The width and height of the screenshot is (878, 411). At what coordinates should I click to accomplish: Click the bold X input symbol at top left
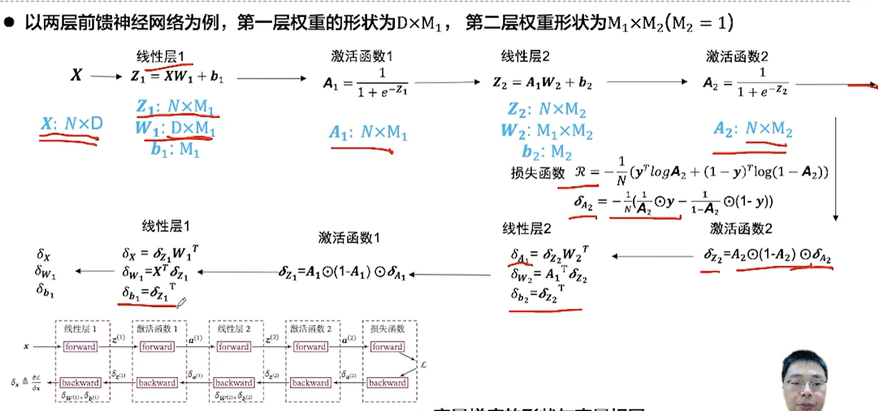pyautogui.click(x=76, y=75)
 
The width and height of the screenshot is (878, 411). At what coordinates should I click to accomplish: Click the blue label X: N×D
pyautogui.click(x=71, y=124)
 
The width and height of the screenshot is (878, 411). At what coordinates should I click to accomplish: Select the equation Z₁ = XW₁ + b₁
pyautogui.click(x=176, y=76)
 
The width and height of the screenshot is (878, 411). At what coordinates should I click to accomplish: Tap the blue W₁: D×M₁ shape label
pyautogui.click(x=175, y=129)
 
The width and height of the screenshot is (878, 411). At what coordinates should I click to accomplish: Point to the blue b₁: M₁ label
pyautogui.click(x=175, y=149)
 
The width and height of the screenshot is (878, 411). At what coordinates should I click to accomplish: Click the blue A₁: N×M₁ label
pyautogui.click(x=367, y=133)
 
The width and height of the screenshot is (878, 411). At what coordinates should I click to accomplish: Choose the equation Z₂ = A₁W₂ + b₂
pyautogui.click(x=542, y=83)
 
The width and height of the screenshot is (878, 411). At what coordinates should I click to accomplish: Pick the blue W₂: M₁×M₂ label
pyautogui.click(x=546, y=131)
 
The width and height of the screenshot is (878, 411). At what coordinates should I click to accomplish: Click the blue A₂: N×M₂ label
pyautogui.click(x=753, y=129)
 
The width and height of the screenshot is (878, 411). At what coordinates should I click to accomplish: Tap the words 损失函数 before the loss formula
pyautogui.click(x=537, y=173)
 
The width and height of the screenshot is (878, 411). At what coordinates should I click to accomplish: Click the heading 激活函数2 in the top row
pyautogui.click(x=737, y=56)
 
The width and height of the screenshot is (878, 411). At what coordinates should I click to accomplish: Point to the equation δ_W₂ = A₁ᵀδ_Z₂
pyautogui.click(x=548, y=274)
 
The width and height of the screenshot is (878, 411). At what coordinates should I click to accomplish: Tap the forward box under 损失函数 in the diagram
pyautogui.click(x=387, y=346)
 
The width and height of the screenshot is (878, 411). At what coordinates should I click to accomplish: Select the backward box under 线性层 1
pyautogui.click(x=80, y=383)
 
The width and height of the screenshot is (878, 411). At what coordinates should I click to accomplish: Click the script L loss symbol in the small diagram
pyautogui.click(x=423, y=365)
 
